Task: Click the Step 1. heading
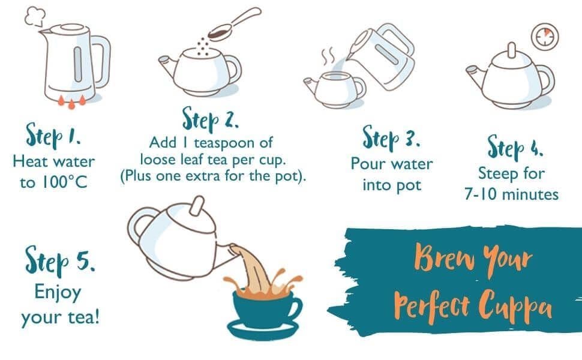tap(53, 136)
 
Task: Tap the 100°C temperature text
tap(64, 182)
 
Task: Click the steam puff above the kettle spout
tap(35, 16)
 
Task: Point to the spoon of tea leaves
tap(234, 24)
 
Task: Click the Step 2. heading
tap(210, 118)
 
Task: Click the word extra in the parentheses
tap(203, 176)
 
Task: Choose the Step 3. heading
tap(391, 137)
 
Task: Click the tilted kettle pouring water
tap(382, 56)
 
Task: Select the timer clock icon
tap(545, 37)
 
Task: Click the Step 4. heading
tap(515, 148)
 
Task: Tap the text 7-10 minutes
tap(511, 194)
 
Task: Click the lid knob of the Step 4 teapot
tap(512, 50)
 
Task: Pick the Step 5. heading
tap(59, 260)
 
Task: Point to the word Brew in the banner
tap(444, 257)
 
